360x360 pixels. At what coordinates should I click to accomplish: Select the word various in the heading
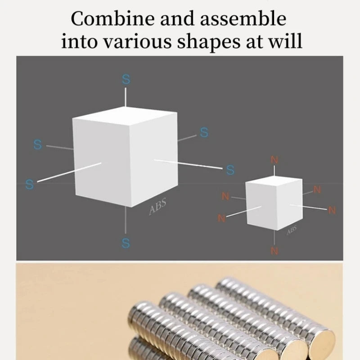[x=135, y=42]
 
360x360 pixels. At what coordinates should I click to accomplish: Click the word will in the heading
[x=286, y=42]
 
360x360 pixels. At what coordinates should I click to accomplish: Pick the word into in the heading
[x=77, y=42]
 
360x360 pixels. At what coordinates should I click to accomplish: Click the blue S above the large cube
[x=126, y=80]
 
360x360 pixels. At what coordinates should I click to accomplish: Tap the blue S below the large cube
[x=126, y=243]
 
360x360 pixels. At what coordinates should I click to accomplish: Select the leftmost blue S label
[x=30, y=184]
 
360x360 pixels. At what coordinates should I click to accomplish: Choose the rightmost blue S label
[x=230, y=170]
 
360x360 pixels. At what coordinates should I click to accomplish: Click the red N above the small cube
[x=274, y=160]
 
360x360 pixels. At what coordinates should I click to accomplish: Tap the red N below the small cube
[x=274, y=251]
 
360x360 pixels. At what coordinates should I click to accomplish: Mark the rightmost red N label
[x=332, y=210]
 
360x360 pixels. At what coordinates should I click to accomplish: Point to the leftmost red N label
[x=221, y=218]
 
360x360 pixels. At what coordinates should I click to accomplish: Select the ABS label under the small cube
[x=292, y=230]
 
